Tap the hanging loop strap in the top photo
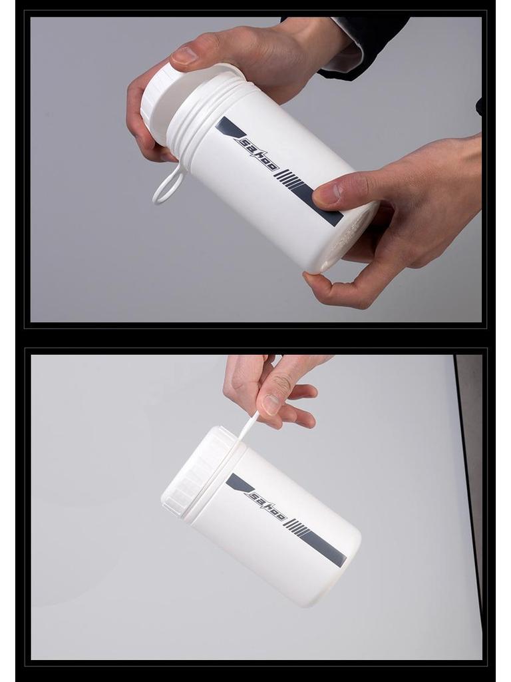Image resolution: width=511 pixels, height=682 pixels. click(x=168, y=185)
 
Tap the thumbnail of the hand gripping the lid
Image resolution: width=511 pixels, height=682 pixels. click(x=186, y=55)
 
